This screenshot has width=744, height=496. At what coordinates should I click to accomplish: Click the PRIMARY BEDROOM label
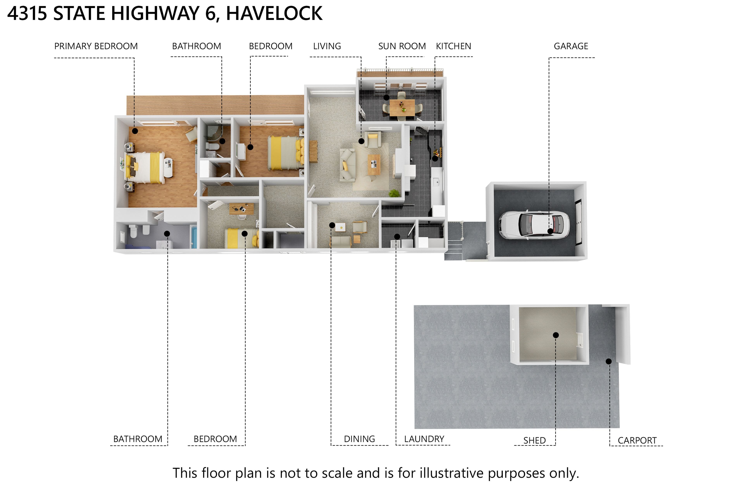point(96,46)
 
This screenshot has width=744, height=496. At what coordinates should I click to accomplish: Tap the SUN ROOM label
point(402,46)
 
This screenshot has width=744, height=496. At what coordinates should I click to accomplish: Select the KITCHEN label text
point(453,46)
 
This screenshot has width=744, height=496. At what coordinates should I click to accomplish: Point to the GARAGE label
point(571,46)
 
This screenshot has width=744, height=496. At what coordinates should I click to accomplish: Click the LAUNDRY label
point(424,439)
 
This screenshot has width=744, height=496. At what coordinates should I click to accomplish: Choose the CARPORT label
point(637,440)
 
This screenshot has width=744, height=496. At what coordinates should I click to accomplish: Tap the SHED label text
point(534,440)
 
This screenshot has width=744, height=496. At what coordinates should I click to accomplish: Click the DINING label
point(359,439)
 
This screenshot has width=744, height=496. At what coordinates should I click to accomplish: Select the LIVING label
point(327,46)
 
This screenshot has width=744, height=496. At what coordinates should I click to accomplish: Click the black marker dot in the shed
point(556,335)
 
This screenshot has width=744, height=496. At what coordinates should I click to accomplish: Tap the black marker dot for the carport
point(609,361)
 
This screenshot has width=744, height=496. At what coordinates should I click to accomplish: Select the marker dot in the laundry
point(397,236)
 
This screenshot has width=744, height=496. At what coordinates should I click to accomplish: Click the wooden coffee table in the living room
point(374,164)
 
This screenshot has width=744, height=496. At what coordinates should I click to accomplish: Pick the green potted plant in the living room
point(394,193)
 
